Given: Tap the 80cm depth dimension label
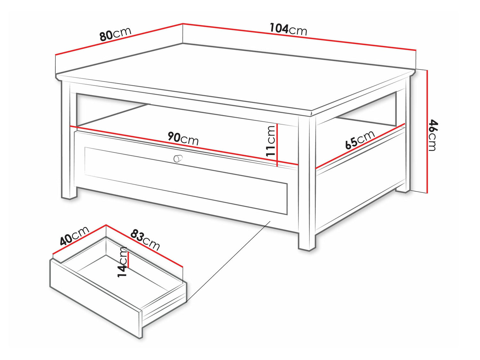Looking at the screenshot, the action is [115, 34].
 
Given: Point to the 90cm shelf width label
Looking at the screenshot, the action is [183, 138].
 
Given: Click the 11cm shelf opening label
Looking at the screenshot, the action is [270, 141].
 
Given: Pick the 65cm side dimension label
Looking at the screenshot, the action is [360, 140].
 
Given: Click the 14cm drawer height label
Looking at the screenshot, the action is [122, 262].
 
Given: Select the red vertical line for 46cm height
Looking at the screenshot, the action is [427, 131].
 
